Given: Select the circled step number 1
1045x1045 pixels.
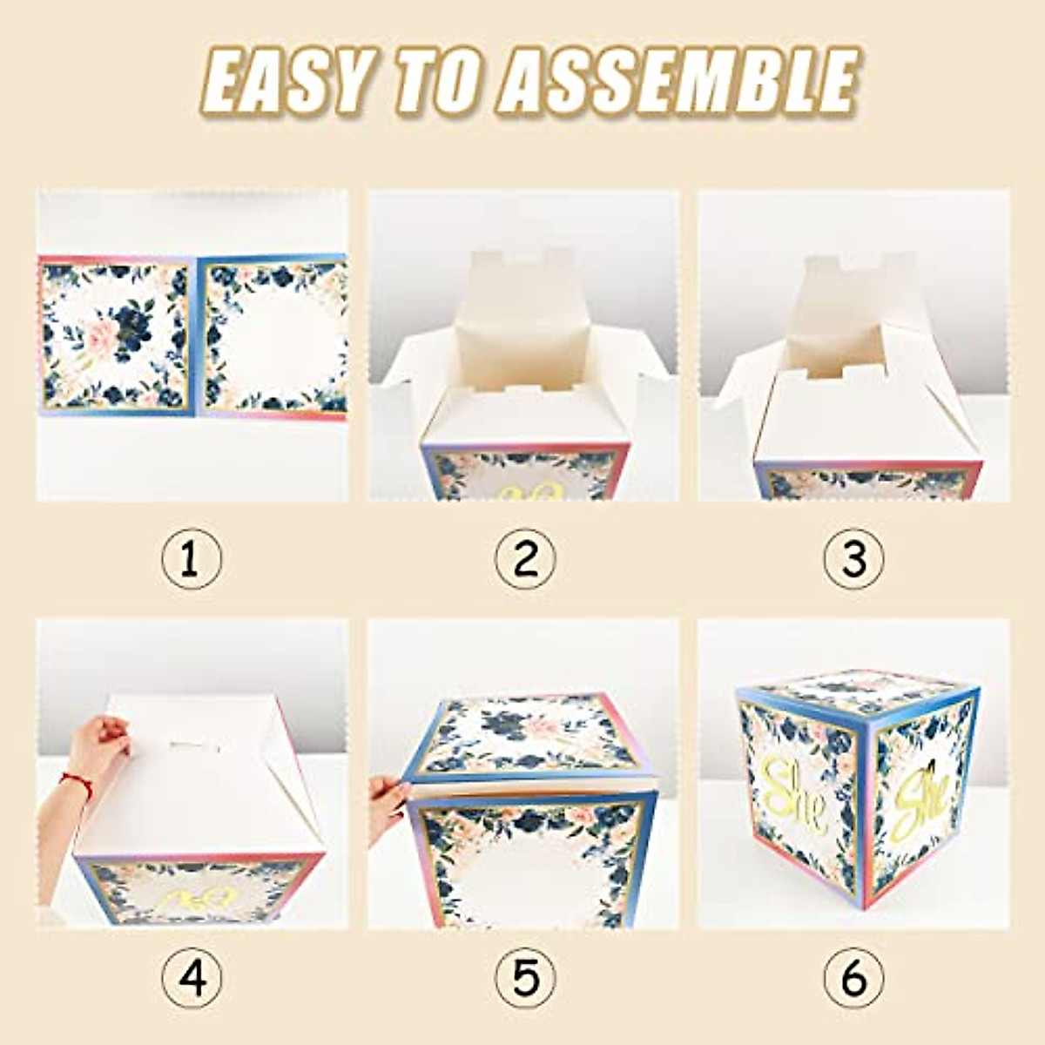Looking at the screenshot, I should pos(192,559).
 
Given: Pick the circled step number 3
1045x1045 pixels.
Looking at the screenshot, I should pos(854,559).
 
